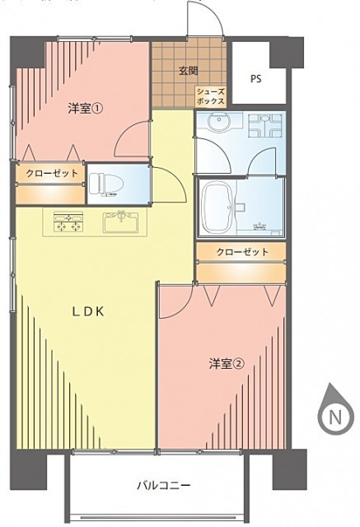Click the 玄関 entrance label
[188, 72]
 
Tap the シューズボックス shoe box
[210, 96]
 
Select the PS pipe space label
[256, 79]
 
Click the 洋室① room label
[85, 109]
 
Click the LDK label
[88, 312]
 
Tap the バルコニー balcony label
[164, 485]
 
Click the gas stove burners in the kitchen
[68, 222]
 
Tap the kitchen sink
[120, 222]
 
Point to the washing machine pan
[265, 125]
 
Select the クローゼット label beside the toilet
[51, 174]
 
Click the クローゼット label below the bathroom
[242, 251]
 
